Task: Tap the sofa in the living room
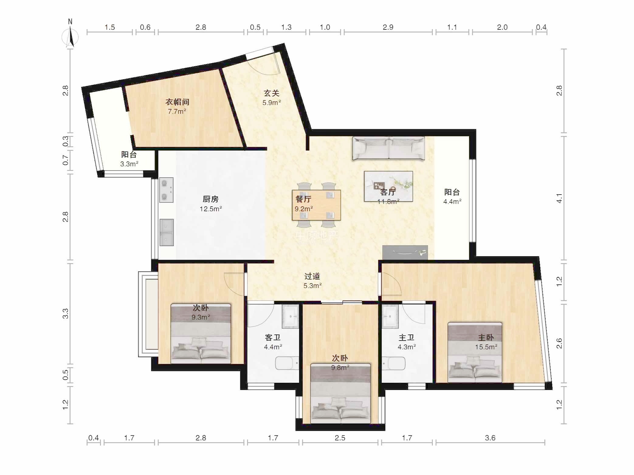[388, 148]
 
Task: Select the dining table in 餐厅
[316, 205]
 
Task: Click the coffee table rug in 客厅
[388, 186]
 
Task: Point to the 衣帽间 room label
[177, 102]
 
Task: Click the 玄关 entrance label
[271, 93]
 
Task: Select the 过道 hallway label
[312, 276]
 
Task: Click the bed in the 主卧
[475, 352]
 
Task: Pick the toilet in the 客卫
[287, 363]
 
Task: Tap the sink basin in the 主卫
[390, 317]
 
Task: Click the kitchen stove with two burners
[167, 190]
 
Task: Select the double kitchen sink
[167, 232]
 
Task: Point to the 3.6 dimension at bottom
[490, 438]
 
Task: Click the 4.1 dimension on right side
[559, 198]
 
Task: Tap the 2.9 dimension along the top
[388, 27]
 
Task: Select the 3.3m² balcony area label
[129, 164]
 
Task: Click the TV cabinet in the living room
[405, 253]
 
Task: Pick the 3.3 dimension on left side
[65, 314]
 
